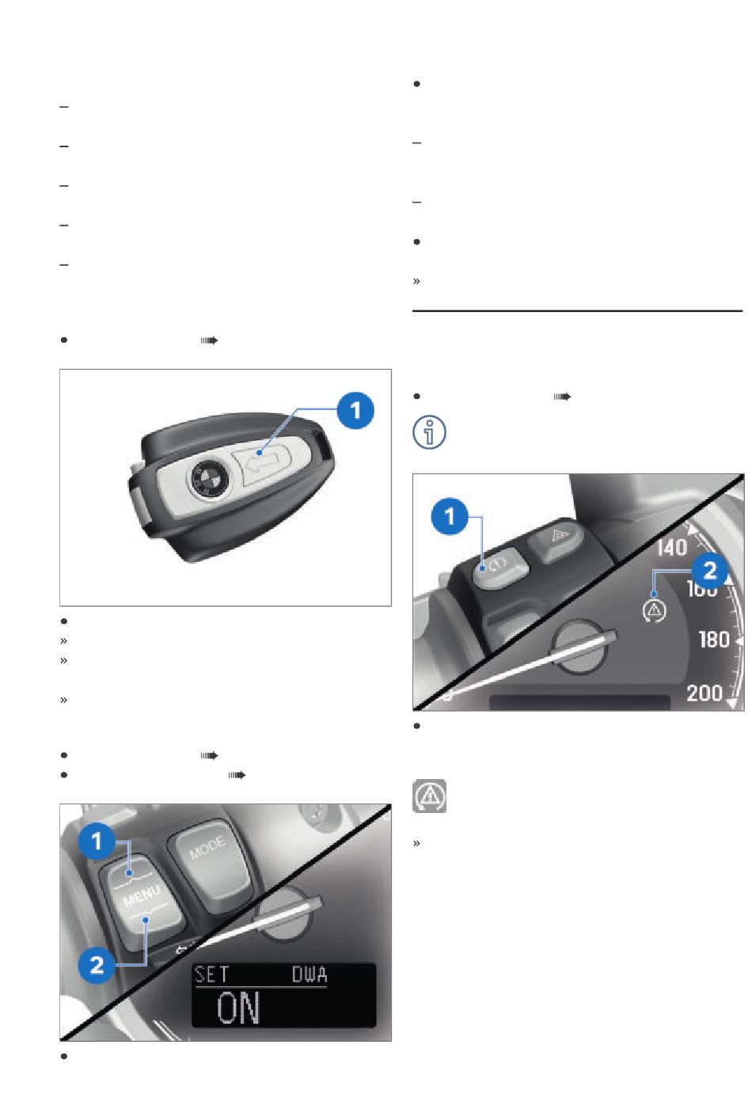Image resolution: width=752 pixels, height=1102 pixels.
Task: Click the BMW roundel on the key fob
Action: click(207, 478)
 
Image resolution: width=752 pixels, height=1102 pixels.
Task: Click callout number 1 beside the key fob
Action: click(355, 410)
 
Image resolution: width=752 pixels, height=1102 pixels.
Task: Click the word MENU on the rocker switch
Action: click(142, 895)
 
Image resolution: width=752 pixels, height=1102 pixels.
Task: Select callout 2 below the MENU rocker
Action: click(97, 965)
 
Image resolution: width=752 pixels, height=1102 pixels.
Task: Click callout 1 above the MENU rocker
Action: click(97, 842)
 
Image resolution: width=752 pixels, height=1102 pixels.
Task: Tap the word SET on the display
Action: click(211, 975)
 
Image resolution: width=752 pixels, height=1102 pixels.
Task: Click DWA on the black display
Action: click(309, 975)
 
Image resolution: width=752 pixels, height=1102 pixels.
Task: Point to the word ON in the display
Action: click(238, 1008)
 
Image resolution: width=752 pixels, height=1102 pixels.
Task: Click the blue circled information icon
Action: click(429, 432)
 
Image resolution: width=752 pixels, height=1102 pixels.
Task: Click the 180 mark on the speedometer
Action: click(714, 640)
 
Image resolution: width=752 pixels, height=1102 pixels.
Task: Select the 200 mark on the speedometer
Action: click(705, 693)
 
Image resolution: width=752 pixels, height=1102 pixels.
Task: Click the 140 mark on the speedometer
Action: click(672, 548)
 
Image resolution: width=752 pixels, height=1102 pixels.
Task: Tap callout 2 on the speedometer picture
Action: click(710, 570)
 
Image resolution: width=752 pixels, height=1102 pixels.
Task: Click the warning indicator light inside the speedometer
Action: click(654, 610)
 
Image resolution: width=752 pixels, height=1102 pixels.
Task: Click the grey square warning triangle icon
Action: click(429, 796)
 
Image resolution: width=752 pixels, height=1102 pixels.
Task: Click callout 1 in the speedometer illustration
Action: click(450, 516)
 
